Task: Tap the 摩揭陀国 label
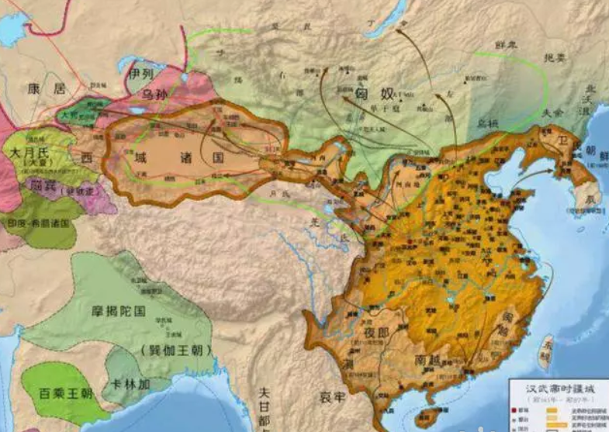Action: (116, 312)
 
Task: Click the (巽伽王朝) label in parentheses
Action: (175, 350)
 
